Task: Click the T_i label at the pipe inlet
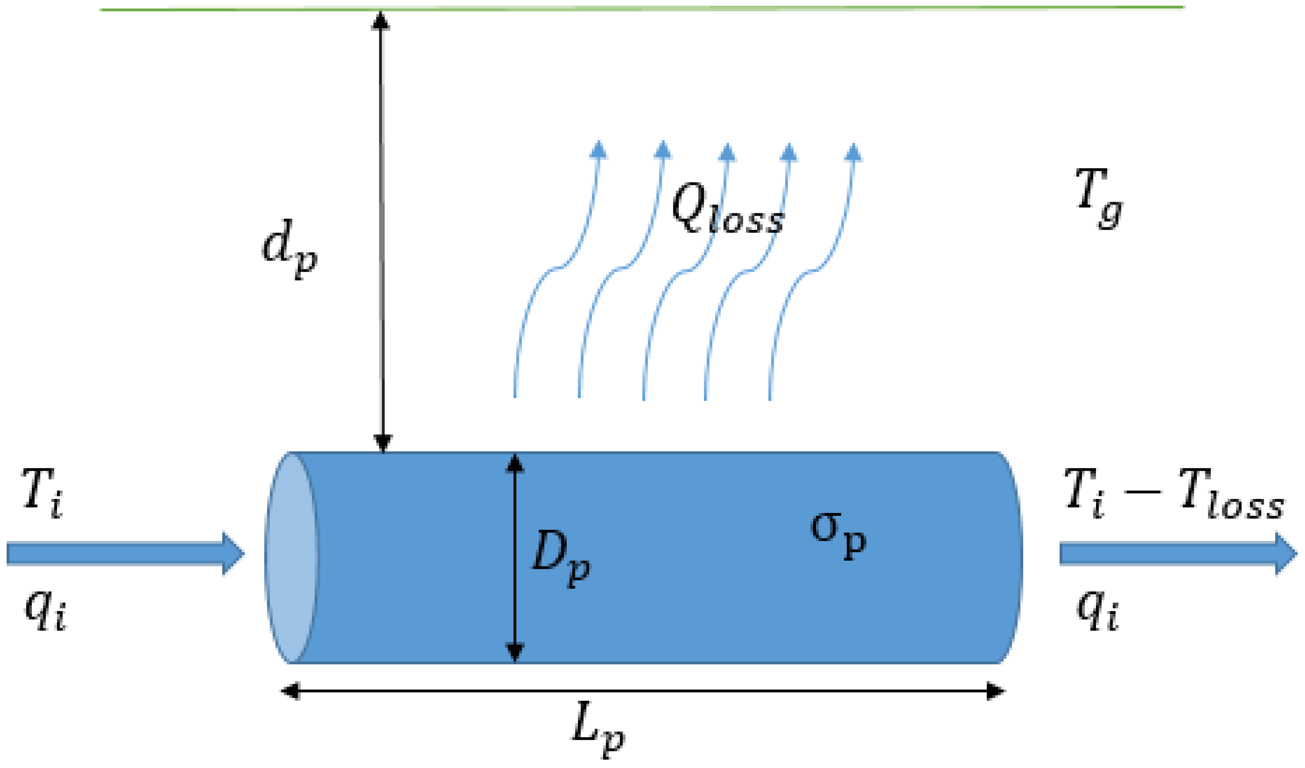43,494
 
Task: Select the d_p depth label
289,247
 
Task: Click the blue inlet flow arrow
124,553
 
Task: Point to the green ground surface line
642,8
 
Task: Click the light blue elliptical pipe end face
292,557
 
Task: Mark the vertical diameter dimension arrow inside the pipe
514,557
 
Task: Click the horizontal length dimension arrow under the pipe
642,691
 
